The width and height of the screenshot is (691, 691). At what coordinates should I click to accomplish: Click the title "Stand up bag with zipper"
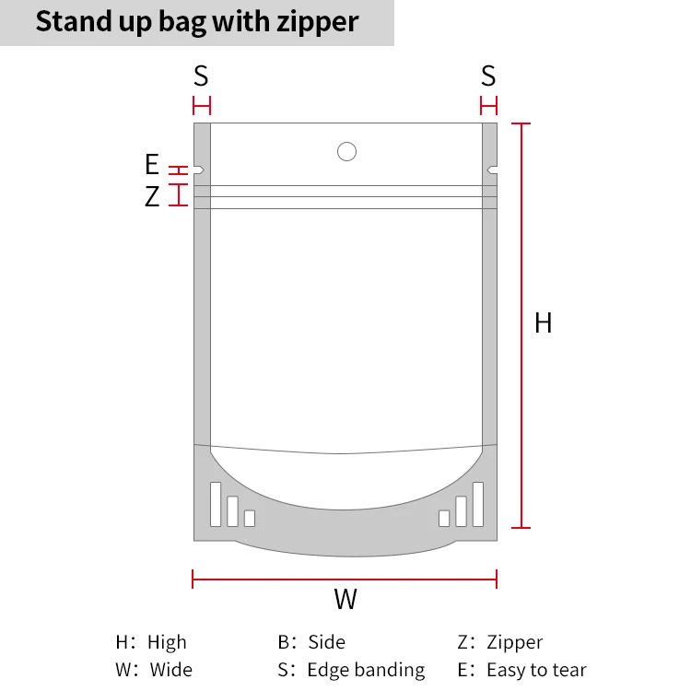[196, 21]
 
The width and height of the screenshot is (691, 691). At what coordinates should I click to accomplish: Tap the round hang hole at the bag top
[346, 151]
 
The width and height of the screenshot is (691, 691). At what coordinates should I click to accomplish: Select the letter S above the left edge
[201, 76]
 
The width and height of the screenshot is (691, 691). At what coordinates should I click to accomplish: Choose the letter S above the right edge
[488, 76]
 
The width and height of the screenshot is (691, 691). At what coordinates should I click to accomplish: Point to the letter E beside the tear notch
[152, 165]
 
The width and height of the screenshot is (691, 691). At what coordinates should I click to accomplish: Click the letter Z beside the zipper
[152, 196]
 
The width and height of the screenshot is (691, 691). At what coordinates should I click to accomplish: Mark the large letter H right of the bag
[544, 323]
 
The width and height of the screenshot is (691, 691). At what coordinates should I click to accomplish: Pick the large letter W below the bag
[345, 600]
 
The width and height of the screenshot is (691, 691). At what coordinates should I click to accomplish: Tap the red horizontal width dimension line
[345, 579]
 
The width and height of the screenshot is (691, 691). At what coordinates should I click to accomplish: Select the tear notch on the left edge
[199, 170]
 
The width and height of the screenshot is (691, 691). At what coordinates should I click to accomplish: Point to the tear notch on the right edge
[491, 170]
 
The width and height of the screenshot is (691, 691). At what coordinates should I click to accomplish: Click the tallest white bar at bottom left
[216, 504]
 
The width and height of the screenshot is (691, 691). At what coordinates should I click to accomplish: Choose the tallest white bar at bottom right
[477, 504]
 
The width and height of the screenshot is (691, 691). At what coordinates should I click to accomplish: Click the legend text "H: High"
[151, 642]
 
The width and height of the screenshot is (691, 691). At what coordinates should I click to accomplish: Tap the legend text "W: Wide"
[154, 670]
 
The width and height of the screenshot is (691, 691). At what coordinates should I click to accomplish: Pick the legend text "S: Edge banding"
[351, 670]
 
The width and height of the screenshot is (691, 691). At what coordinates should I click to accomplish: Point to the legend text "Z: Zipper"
[500, 642]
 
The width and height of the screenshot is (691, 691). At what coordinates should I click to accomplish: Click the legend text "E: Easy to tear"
[521, 670]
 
